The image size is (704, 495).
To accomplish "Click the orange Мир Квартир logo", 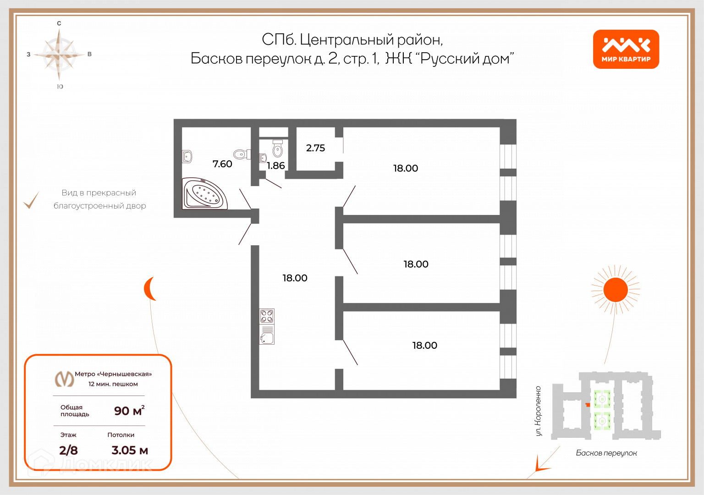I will tap(626, 49).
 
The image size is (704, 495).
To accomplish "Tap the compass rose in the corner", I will tap(59, 55).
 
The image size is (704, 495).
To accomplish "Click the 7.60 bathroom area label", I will tap(222, 164).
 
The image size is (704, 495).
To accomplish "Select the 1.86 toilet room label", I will tap(275, 166).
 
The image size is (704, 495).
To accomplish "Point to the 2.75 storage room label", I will tap(315, 148).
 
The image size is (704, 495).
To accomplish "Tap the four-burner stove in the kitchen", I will tap(267, 316).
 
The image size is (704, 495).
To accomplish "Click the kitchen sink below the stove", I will tap(267, 338).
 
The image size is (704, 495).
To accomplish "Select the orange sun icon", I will tap(616, 290).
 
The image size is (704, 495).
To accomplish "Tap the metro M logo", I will tap(64, 379).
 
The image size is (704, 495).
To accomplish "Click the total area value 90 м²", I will tap(129, 411).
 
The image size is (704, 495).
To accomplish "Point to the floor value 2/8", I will tap(68, 450).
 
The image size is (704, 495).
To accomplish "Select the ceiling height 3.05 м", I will tap(130, 450).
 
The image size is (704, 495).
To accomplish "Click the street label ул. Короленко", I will tap(538, 411).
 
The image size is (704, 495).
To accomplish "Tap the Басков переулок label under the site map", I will tap(606, 453).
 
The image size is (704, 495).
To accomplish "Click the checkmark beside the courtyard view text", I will tap(31, 200).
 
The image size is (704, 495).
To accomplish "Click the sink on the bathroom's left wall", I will tap(187, 156).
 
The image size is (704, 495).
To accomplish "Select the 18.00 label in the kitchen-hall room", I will tap(295, 278).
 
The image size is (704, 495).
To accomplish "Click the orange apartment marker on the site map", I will tap(588, 405).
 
